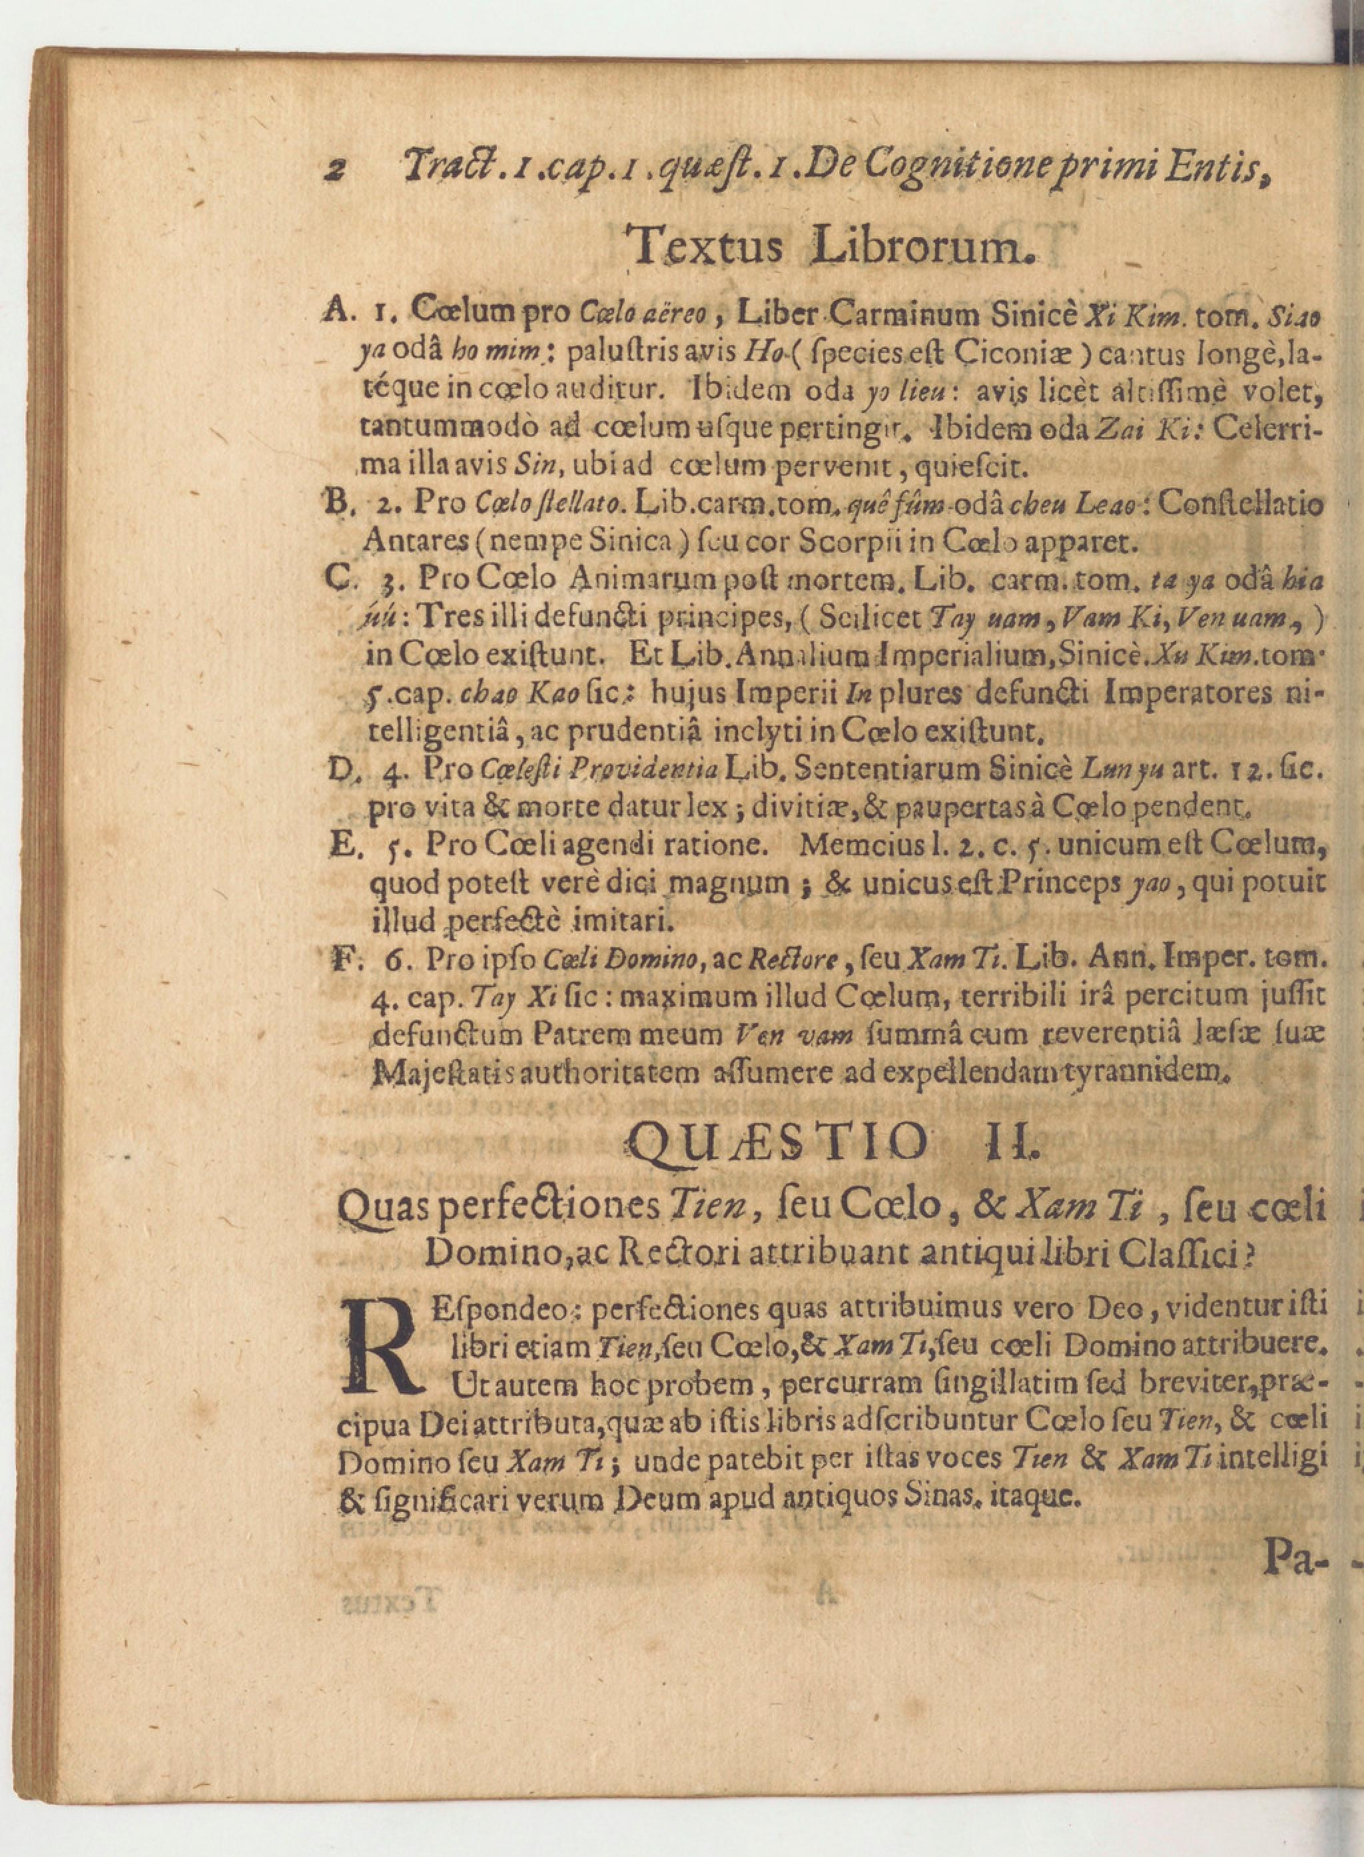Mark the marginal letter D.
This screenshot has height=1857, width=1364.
coord(338,771)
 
